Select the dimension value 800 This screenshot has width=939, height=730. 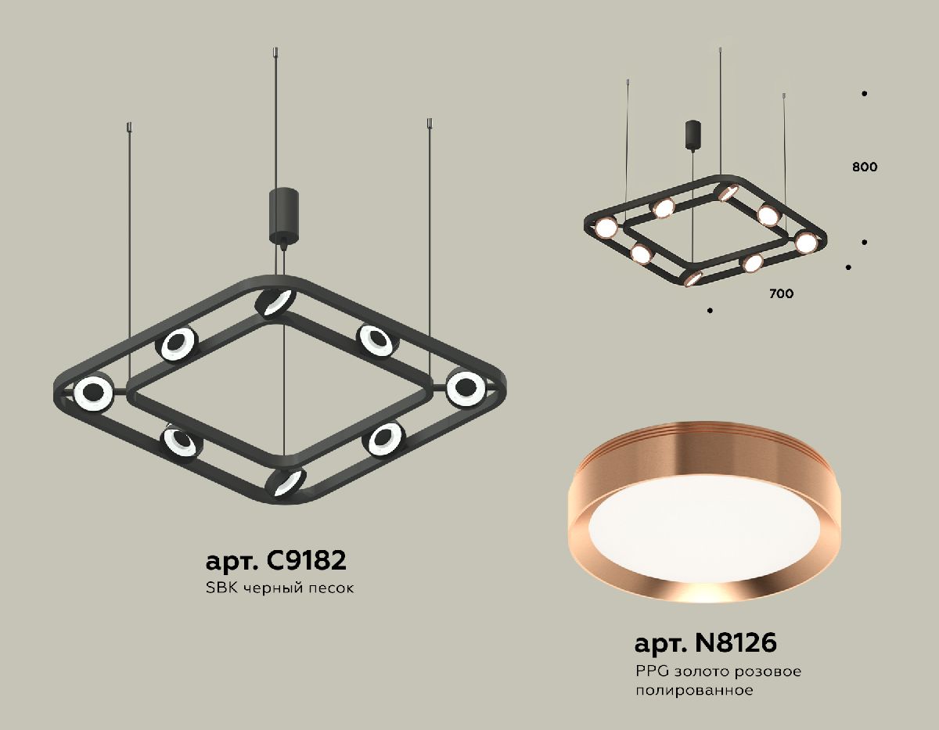pyautogui.click(x=865, y=167)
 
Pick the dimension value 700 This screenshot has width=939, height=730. pyautogui.click(x=781, y=294)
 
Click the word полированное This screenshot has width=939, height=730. pyautogui.click(x=694, y=690)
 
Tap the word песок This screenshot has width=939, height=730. pyautogui.click(x=333, y=588)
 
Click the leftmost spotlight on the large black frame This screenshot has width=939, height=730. pyautogui.click(x=93, y=392)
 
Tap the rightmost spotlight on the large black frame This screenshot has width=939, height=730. pyautogui.click(x=466, y=387)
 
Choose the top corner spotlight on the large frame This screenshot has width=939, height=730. pyautogui.click(x=275, y=302)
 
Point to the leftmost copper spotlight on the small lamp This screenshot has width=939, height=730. pyautogui.click(x=606, y=228)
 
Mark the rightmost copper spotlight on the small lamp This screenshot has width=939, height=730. pyautogui.click(x=805, y=242)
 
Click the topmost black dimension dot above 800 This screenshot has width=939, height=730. pyautogui.click(x=865, y=94)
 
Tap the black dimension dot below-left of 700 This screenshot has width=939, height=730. pyautogui.click(x=710, y=311)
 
